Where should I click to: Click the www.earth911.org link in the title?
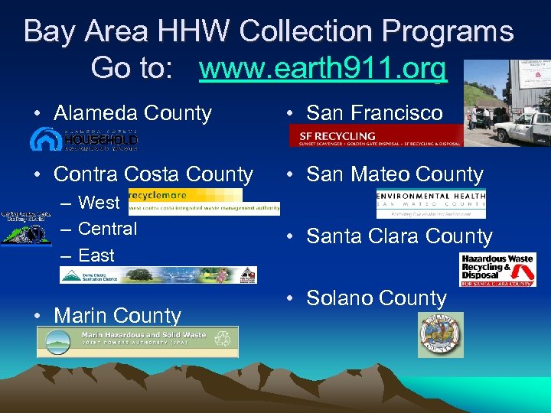322,69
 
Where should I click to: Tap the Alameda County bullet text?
132,113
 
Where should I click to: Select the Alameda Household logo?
84,138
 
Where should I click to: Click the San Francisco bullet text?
374,113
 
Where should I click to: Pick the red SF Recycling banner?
376,135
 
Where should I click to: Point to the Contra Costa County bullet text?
153,174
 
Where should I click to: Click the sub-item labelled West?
99,203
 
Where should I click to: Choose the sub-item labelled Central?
107,229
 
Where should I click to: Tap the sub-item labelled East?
96,255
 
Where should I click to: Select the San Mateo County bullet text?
394,174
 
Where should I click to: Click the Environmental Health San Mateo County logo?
431,203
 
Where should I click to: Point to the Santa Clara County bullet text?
399,237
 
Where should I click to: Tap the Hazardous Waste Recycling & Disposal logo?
497,269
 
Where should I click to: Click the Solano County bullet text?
376,298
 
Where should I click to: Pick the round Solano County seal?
441,334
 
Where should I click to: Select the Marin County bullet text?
117,315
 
